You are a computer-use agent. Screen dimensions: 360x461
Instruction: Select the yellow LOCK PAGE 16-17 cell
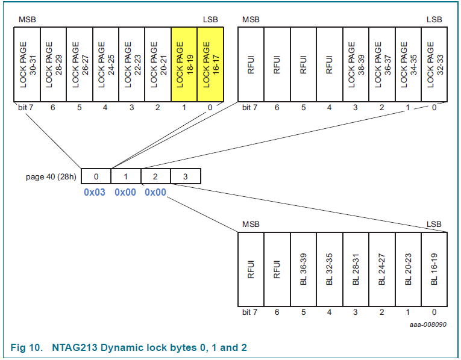pos(210,64)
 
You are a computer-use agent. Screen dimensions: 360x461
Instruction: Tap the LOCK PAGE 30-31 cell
pos(27,64)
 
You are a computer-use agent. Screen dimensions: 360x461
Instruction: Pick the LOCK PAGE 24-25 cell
pos(105,64)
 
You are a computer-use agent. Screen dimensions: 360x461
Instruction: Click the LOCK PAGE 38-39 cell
pos(356,64)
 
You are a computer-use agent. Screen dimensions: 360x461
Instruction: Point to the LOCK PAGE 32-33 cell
pos(434,64)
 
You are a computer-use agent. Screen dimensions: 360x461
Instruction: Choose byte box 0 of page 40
pos(96,176)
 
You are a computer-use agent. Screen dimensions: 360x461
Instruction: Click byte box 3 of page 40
pos(186,176)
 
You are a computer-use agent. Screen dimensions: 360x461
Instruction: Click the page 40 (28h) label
pos(51,176)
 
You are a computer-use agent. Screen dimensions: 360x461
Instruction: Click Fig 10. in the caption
pos(27,347)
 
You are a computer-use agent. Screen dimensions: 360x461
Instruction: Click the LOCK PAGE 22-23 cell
pos(132,64)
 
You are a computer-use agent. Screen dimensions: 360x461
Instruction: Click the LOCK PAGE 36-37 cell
pos(381,64)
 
